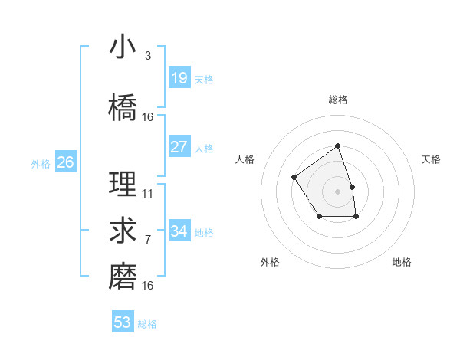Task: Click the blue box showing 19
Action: pos(179,77)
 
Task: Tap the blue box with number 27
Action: pos(179,147)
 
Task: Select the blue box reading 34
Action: pos(179,231)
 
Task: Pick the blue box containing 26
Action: pos(66,162)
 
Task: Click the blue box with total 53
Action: pos(123,322)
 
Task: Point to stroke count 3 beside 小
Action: pos(147,56)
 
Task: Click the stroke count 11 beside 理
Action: pos(148,194)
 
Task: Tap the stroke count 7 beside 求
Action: pos(147,240)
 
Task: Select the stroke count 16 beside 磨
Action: pos(148,285)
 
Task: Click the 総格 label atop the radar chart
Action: pos(337,100)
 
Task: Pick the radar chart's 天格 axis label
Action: pos(431,159)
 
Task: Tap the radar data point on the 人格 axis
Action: pos(294,178)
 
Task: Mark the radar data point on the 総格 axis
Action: pos(337,146)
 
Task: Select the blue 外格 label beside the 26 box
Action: pos(41,163)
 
